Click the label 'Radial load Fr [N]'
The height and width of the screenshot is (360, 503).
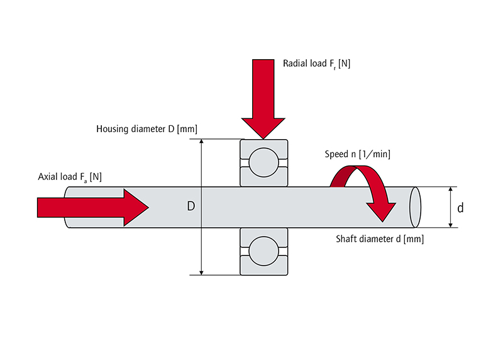point(318,64)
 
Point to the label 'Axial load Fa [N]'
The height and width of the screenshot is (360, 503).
point(70,177)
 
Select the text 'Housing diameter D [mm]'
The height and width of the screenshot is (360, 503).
point(146,129)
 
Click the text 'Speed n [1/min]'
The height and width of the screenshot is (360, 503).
point(358,154)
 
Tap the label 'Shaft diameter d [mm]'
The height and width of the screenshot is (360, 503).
point(380,239)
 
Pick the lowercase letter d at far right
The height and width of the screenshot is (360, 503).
point(460,207)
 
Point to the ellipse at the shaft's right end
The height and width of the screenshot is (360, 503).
point(414,207)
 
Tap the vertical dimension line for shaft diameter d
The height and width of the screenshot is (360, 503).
point(450,207)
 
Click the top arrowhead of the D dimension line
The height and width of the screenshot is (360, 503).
point(202,143)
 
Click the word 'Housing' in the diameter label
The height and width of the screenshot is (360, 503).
point(113,129)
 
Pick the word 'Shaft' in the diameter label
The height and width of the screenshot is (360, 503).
point(346,239)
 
